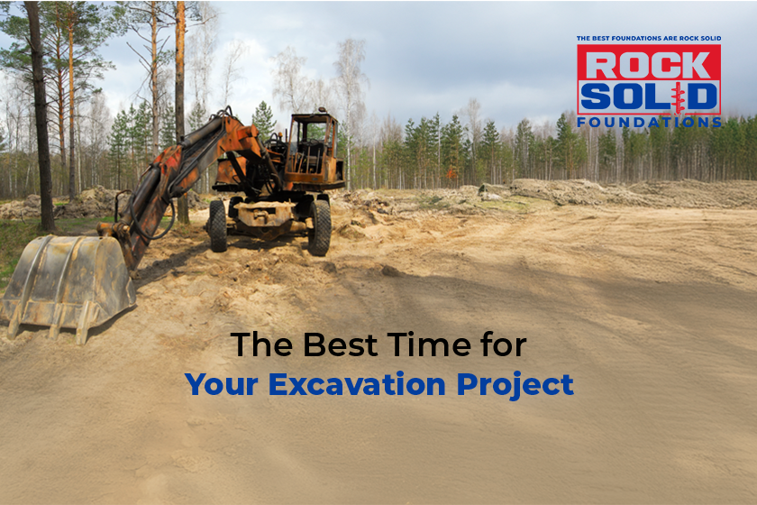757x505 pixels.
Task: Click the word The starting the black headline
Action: (x=260, y=344)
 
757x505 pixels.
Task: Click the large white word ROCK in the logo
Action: (x=648, y=64)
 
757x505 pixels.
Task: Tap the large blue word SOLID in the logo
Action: (x=648, y=96)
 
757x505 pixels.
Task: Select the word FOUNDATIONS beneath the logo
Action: (x=649, y=121)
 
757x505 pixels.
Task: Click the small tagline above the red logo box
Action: (x=648, y=39)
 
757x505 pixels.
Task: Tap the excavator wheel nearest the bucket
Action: (x=217, y=225)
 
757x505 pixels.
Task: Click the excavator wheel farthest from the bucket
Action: (x=320, y=227)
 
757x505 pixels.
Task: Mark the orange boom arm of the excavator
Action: (x=171, y=171)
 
